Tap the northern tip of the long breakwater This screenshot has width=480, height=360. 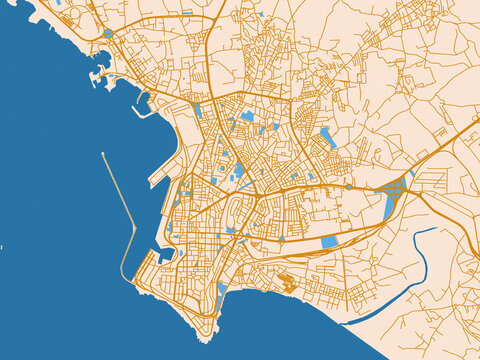pos(103,153)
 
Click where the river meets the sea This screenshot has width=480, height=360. pos(344,323)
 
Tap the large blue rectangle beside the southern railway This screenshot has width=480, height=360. pos(329,241)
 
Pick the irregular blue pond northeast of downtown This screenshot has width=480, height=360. pos(327,138)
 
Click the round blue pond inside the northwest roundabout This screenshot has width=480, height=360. pos(107,34)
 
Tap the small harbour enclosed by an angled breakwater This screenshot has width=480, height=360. pos(143,103)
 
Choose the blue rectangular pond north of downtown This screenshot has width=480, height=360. pos(247,116)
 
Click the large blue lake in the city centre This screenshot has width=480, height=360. pos(239,170)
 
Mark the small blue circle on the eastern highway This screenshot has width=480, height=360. pos(412,171)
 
